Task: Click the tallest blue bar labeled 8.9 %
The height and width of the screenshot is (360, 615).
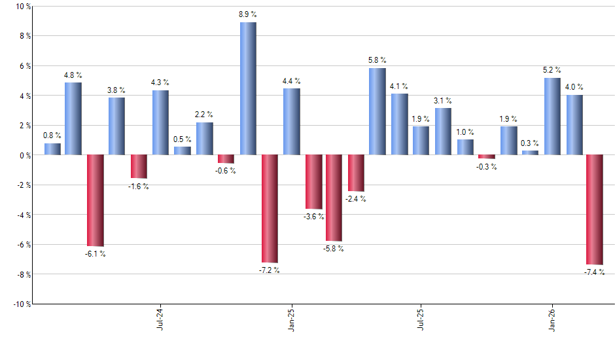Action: point(248,88)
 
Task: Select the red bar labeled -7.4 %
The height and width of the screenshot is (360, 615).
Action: point(595,209)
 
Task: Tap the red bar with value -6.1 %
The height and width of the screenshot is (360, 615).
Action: point(96,200)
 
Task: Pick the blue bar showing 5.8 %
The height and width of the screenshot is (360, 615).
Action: point(378,111)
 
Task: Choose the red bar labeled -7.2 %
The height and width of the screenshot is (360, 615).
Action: point(270,208)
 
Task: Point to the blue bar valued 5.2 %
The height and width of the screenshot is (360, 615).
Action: point(552,116)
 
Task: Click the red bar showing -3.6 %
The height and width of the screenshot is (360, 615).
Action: point(313,182)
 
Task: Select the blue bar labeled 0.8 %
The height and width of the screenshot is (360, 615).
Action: point(52,149)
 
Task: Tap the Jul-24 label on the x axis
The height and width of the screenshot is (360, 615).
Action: point(161,319)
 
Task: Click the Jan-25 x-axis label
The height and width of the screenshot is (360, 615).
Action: point(292,319)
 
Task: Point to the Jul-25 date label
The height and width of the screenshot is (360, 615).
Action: point(421,319)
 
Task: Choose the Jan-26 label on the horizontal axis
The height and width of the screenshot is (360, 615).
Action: point(552,319)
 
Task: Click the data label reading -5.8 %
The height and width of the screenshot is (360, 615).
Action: point(334,249)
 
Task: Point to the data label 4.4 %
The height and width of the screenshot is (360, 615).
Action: point(291,81)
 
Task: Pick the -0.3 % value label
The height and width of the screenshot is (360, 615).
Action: point(487,167)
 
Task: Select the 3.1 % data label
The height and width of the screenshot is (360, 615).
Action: point(443,101)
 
